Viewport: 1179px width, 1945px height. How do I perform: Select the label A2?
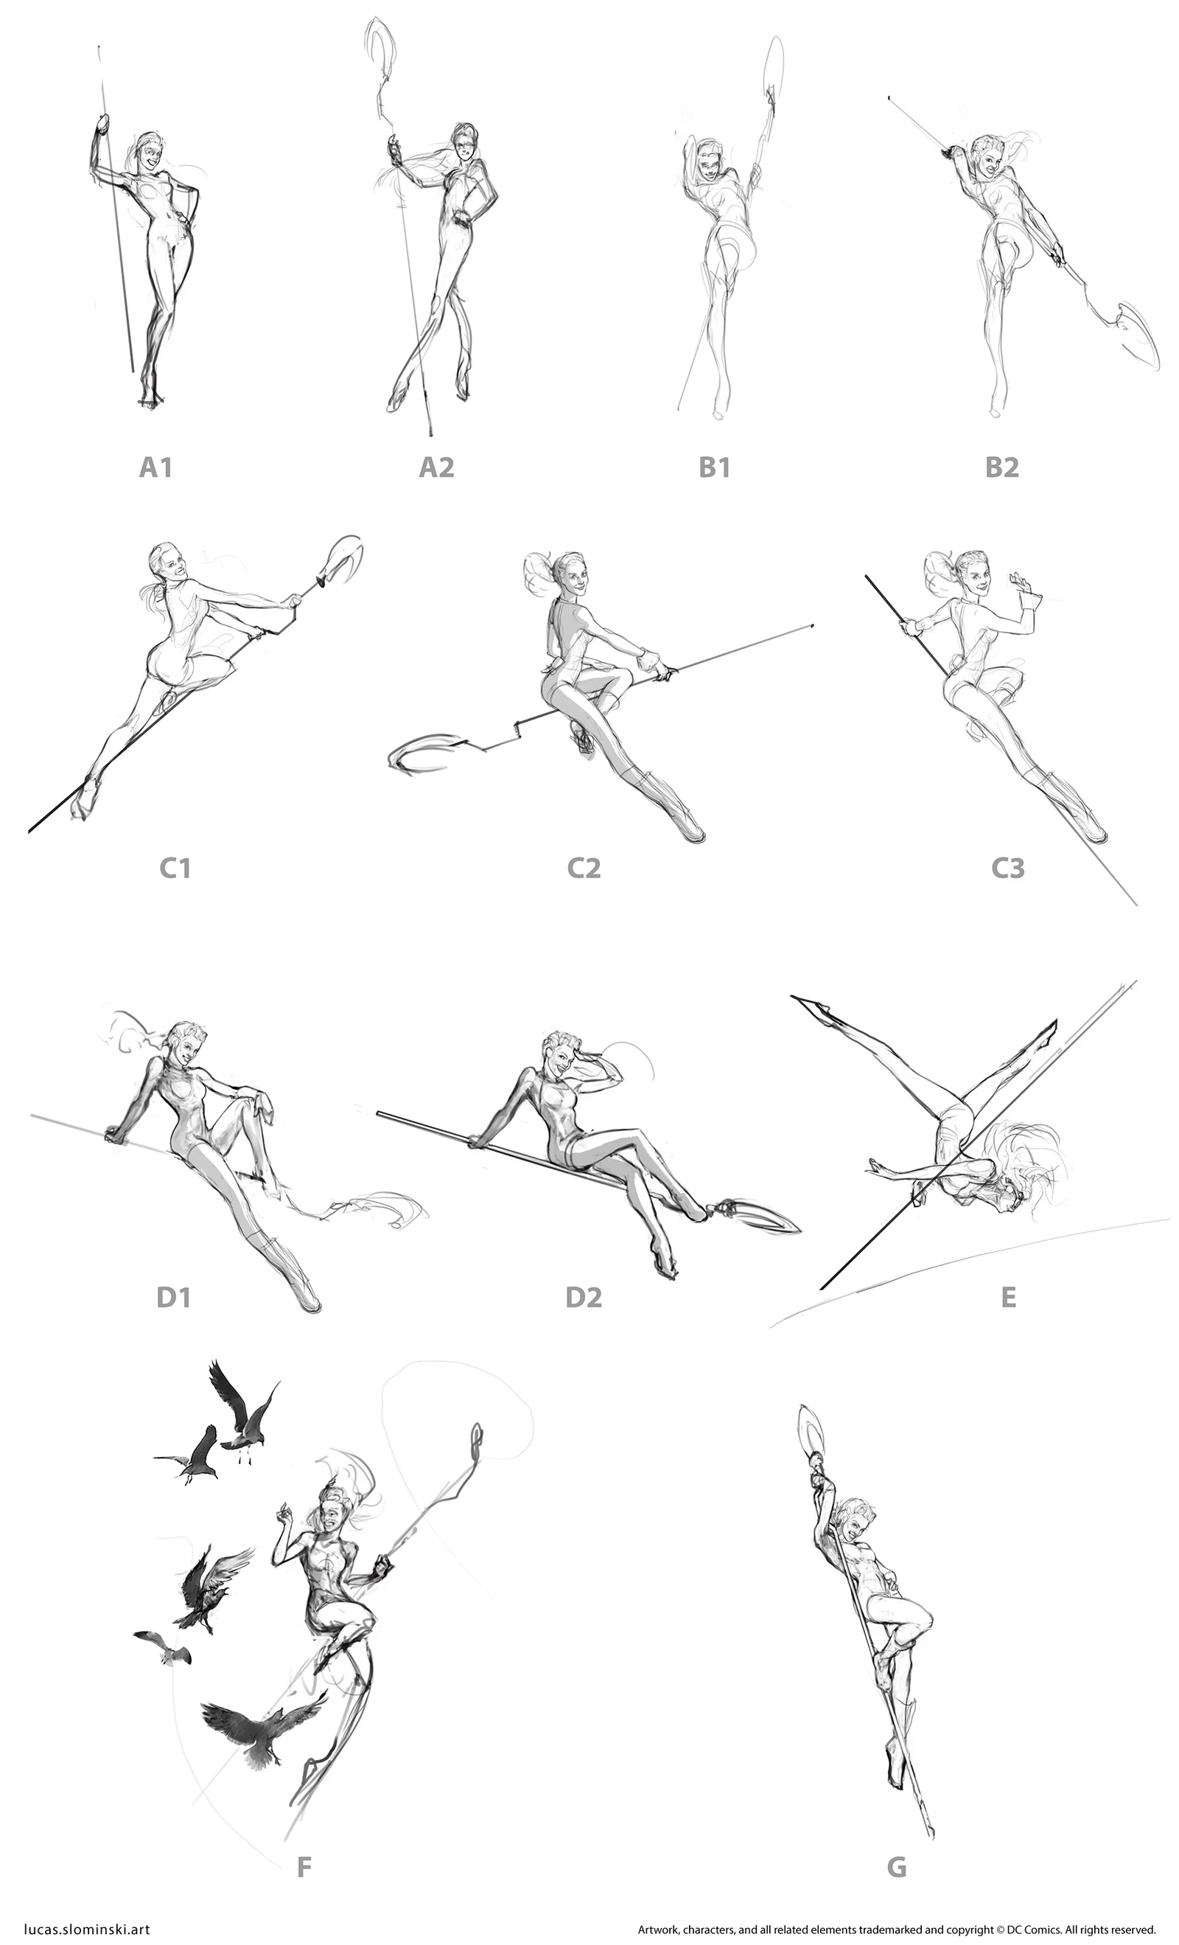pos(436,468)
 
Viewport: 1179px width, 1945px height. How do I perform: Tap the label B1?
pos(714,468)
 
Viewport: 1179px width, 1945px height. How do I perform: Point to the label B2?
pos(1001,468)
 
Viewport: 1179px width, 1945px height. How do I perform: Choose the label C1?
pos(175,869)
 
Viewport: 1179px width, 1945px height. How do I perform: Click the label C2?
pos(584,869)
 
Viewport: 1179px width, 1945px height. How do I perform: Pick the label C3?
pos(1008,869)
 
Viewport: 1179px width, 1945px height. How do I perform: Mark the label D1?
pos(173,1298)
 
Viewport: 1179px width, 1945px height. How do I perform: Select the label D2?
pos(584,1298)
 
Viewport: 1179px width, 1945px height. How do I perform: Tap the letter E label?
pos(1008,1298)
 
